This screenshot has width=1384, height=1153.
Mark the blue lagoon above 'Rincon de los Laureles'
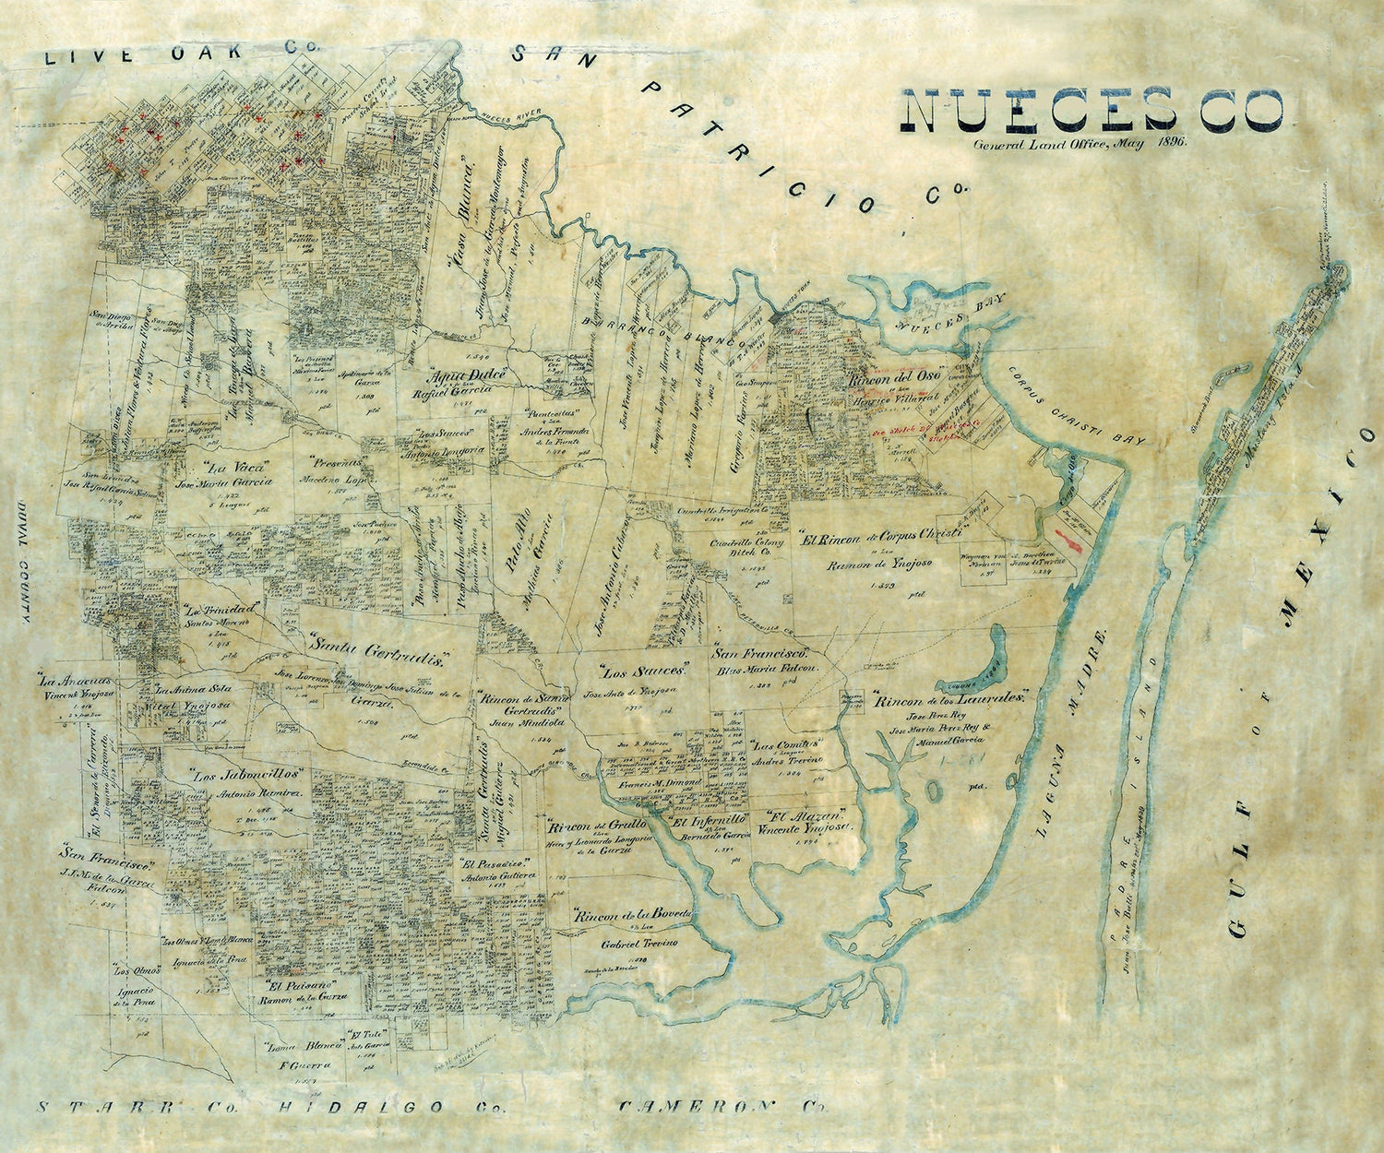click(x=981, y=663)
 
